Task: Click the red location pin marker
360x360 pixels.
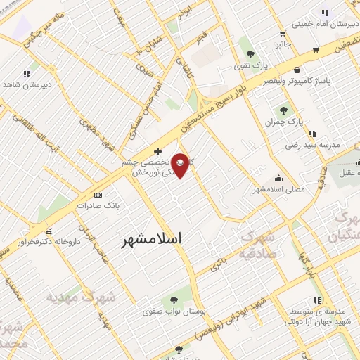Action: pyautogui.click(x=180, y=166)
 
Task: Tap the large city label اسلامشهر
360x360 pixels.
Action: pyautogui.click(x=151, y=239)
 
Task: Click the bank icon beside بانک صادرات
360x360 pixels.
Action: pyautogui.click(x=98, y=195)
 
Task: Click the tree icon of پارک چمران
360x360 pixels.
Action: pyautogui.click(x=284, y=110)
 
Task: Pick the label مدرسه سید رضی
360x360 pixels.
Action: pyautogui.click(x=312, y=146)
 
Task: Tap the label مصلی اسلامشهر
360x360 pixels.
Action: pyautogui.click(x=278, y=190)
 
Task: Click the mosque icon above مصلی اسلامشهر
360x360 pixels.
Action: pyautogui.click(x=279, y=178)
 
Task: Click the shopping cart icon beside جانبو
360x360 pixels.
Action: pyautogui.click(x=282, y=33)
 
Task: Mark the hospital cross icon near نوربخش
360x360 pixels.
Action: pyautogui.click(x=157, y=151)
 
